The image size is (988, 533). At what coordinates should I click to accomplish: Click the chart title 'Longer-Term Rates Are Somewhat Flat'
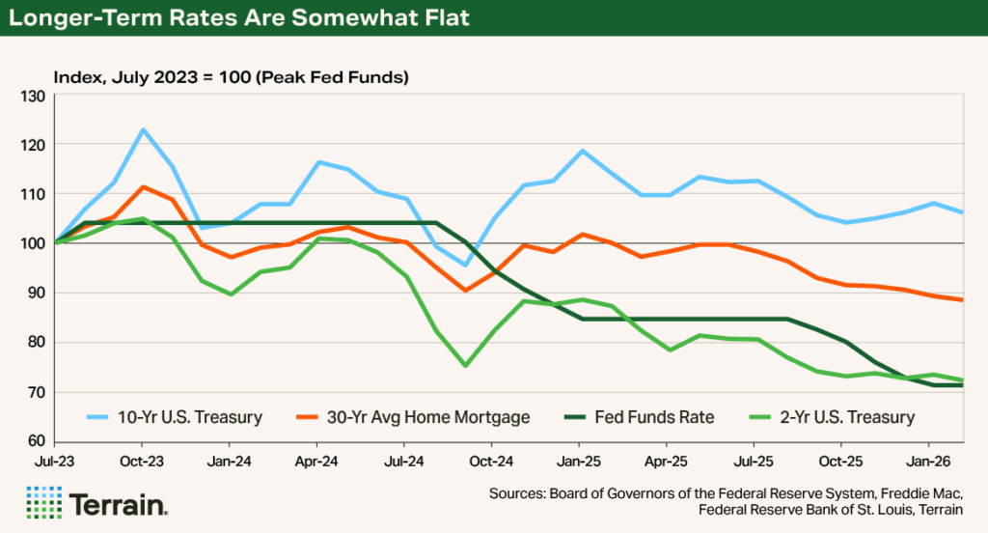point(239,18)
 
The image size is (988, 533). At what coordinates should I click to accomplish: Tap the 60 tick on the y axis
point(36,441)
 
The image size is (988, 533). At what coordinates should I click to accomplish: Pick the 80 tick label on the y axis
point(36,343)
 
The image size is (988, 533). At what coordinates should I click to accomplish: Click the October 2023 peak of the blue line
point(143,129)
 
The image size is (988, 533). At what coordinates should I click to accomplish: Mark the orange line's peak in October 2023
point(143,187)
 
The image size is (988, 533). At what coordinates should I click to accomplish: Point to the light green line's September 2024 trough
point(465,366)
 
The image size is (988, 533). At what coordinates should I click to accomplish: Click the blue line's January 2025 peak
point(582,151)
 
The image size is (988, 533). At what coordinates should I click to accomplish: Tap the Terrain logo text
point(119,504)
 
